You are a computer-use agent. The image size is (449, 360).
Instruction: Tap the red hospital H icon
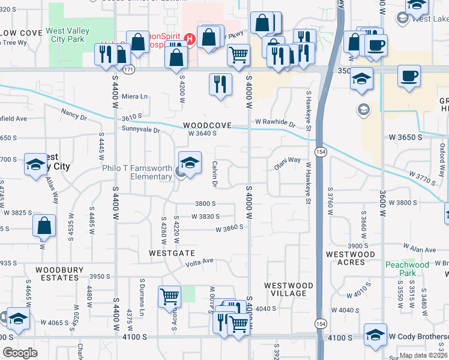click(x=190, y=40)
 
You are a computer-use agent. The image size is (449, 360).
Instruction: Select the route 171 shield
click(x=128, y=70)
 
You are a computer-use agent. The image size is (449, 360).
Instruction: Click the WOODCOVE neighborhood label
click(x=207, y=125)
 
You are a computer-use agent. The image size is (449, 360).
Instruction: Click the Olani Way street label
click(x=288, y=160)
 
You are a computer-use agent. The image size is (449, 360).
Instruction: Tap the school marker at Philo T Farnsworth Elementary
click(x=189, y=163)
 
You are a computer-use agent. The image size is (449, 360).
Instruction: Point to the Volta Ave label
click(x=200, y=261)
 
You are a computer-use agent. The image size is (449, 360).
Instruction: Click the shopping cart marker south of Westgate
click(x=170, y=296)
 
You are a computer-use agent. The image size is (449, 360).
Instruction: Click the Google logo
click(x=20, y=353)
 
